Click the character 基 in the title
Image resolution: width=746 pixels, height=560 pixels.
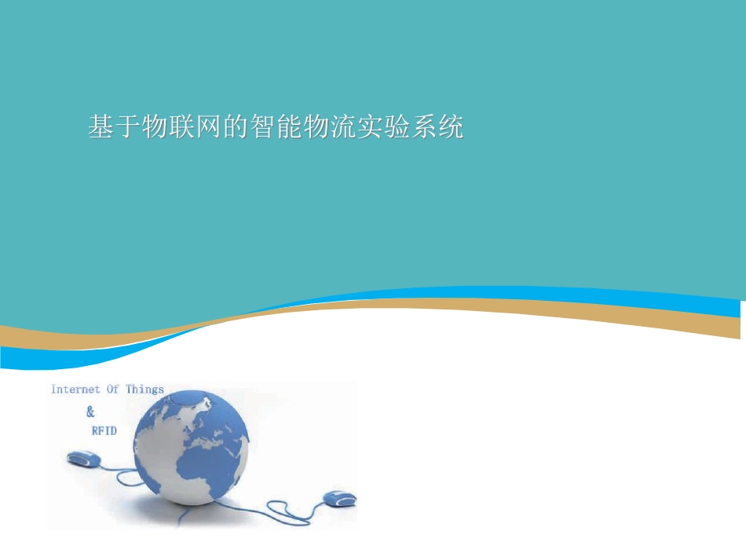tap(101, 127)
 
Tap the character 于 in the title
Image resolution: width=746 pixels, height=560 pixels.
tap(128, 127)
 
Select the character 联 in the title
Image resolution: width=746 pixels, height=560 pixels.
tap(181, 127)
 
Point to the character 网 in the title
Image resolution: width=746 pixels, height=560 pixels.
tap(208, 127)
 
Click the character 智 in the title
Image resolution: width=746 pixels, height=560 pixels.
tap(263, 127)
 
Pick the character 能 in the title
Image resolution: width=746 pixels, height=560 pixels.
tap(290, 127)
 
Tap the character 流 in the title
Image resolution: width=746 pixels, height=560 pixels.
tap(343, 127)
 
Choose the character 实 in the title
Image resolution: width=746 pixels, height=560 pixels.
tap(370, 127)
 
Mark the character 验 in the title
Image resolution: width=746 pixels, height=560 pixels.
tap(397, 127)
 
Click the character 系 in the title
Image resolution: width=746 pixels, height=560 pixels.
tap(423, 127)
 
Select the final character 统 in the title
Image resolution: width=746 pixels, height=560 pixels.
tap(450, 127)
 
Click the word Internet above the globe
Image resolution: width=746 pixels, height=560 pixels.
tap(75, 390)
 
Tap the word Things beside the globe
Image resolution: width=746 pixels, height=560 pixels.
tap(145, 389)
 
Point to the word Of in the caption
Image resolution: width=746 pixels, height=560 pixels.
tap(113, 389)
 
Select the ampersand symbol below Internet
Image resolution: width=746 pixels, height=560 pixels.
tap(90, 412)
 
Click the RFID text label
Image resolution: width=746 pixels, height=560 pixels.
tap(104, 431)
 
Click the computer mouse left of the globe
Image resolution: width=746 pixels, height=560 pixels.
tap(82, 458)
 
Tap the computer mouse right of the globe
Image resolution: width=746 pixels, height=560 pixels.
tap(339, 498)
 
